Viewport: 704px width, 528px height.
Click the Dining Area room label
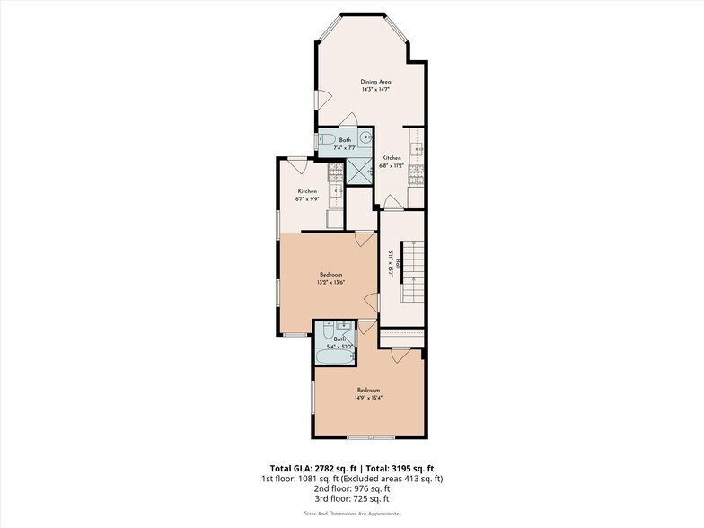point(375,82)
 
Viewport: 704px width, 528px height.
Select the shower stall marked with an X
point(361,171)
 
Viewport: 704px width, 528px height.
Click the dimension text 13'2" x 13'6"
point(331,283)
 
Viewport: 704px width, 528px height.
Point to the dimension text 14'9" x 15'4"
point(368,398)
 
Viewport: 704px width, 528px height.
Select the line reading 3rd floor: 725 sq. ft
point(352,499)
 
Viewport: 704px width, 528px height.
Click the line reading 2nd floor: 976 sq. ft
point(352,489)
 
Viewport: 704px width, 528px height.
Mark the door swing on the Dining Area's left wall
point(318,98)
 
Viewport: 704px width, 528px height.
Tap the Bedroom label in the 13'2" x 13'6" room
point(331,275)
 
